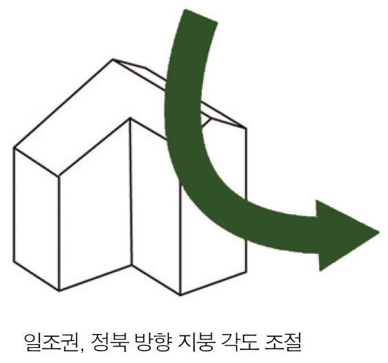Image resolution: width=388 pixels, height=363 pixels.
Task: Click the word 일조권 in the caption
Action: [52, 342]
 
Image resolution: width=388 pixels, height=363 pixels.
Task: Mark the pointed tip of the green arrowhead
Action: [379, 232]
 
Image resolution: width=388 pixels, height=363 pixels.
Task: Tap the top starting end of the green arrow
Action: [200, 16]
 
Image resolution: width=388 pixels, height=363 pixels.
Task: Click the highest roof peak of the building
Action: [113, 59]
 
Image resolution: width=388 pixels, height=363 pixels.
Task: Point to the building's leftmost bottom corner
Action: [14, 262]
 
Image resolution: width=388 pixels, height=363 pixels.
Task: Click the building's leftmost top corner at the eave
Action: [14, 148]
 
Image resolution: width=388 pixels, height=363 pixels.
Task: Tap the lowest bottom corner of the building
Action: [180, 295]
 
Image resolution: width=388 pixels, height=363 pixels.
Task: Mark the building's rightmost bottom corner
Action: [246, 272]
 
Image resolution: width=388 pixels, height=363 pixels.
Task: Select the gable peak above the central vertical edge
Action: [130, 118]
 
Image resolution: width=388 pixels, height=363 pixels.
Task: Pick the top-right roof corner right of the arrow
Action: [246, 128]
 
